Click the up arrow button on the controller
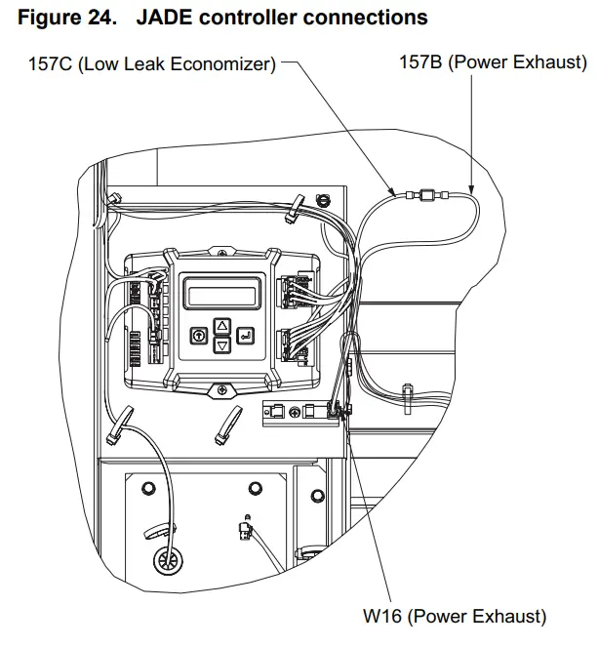click(x=221, y=326)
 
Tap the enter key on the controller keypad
click(x=245, y=335)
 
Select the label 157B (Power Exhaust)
click(x=493, y=63)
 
